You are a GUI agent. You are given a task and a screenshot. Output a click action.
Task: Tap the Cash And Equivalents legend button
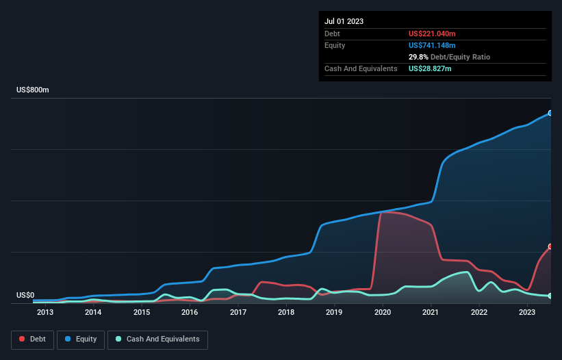click(157, 339)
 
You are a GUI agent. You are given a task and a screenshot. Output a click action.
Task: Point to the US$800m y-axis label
click(33, 90)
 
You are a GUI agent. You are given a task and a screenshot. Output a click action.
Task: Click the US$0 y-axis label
click(25, 296)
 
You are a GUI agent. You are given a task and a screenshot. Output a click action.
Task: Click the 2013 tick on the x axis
click(45, 313)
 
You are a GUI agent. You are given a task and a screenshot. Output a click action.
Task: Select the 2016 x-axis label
click(190, 313)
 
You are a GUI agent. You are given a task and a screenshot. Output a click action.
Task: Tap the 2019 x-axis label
click(334, 313)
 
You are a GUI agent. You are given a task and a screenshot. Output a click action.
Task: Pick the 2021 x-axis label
click(431, 313)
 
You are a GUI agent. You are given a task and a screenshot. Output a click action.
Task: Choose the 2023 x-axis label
click(527, 313)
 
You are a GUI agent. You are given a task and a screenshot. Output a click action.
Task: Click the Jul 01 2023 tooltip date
click(344, 21)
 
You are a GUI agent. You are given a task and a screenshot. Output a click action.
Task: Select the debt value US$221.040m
click(433, 34)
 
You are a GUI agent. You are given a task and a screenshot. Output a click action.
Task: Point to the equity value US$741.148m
click(433, 45)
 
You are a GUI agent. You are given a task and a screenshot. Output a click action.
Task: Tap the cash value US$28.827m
click(430, 69)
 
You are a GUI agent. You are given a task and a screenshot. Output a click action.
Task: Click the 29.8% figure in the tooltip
click(418, 57)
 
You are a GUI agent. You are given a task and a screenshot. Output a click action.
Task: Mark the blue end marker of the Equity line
click(550, 113)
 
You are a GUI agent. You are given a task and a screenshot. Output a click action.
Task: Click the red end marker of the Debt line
click(550, 246)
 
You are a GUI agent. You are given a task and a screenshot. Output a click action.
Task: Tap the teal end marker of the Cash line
click(550, 296)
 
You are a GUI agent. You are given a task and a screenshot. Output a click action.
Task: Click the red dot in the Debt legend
click(22, 339)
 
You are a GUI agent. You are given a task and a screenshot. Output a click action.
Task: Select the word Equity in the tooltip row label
click(335, 45)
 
